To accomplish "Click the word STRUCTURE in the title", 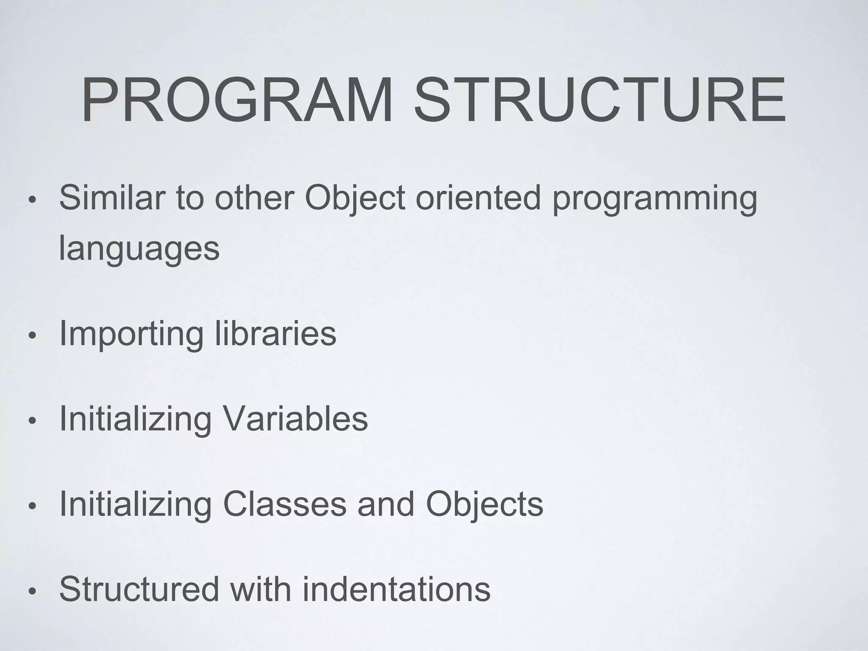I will click(x=599, y=100).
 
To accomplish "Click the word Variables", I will click(x=295, y=419).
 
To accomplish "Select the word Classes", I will click(x=284, y=504).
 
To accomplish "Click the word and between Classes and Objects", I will click(x=386, y=504).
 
